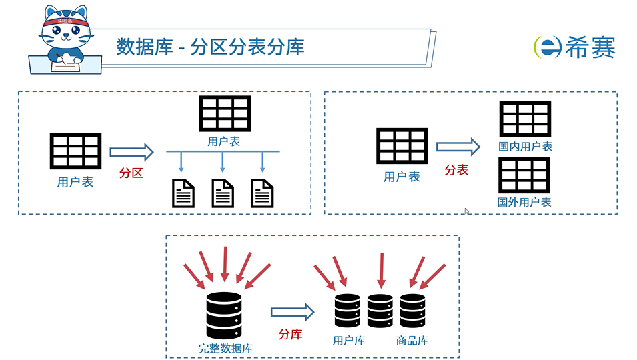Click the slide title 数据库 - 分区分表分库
(x=211, y=47)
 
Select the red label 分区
(x=131, y=173)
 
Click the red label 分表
(x=456, y=170)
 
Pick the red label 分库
(x=290, y=334)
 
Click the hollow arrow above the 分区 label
(x=131, y=152)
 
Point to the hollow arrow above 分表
(x=458, y=147)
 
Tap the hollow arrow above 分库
(x=292, y=311)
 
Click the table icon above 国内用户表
(x=525, y=119)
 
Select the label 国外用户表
(x=524, y=202)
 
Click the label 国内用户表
(x=525, y=147)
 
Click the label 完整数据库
(x=225, y=348)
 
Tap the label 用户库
(x=349, y=341)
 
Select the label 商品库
(x=412, y=341)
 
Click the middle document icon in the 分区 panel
(x=223, y=193)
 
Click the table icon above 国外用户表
(x=524, y=175)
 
